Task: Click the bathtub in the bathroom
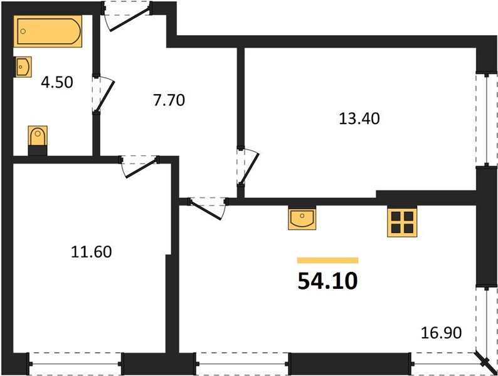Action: click(x=48, y=32)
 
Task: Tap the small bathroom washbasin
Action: click(x=23, y=66)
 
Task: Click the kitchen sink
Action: click(x=302, y=219)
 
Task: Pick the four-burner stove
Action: click(x=403, y=221)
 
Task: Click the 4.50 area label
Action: click(x=57, y=83)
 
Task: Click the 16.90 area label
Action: click(x=442, y=332)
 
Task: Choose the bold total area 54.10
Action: click(x=327, y=281)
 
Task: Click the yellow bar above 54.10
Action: click(x=327, y=260)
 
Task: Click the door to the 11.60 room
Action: click(x=138, y=165)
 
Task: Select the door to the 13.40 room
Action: click(x=247, y=167)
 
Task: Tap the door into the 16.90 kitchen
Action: click(x=207, y=207)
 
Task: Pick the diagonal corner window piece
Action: click(x=485, y=362)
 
